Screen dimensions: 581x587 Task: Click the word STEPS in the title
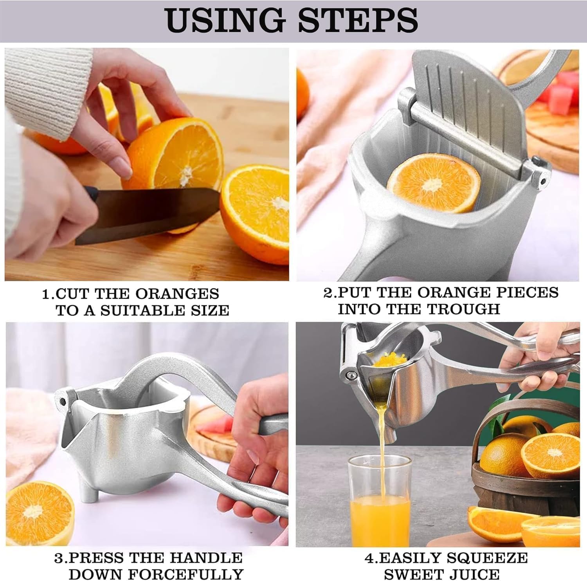(357, 20)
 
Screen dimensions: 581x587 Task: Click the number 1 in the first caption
(46, 294)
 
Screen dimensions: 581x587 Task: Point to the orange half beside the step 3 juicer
(39, 513)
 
